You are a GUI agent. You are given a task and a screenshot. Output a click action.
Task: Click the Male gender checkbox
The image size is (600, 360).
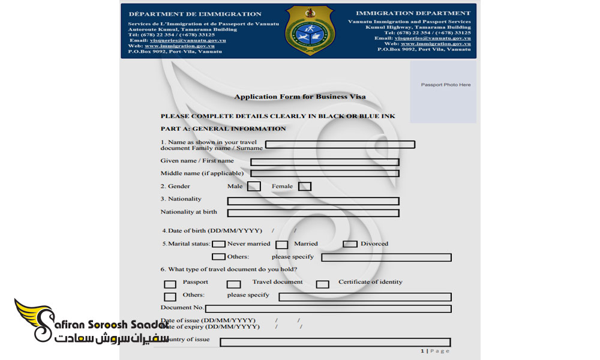tap(254, 187)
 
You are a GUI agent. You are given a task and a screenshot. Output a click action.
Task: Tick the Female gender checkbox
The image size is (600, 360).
tap(305, 187)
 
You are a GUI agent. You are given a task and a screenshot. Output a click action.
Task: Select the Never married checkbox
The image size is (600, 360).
tap(219, 244)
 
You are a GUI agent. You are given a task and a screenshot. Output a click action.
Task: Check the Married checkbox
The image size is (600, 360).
tap(281, 244)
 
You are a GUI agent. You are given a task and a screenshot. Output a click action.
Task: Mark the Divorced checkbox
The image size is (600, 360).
tap(350, 244)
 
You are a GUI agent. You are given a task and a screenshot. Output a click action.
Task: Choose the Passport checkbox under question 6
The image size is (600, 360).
tap(170, 284)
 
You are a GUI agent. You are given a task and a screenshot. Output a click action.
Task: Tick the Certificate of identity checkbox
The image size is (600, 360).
tap(323, 284)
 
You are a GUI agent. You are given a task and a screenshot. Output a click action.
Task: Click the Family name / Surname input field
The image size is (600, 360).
tap(340, 145)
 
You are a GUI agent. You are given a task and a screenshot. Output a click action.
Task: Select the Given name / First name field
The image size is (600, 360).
tap(325, 162)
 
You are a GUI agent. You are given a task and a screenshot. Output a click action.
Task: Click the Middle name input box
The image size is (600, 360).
tap(325, 173)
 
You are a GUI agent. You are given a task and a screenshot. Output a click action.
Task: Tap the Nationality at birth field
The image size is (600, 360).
tap(313, 213)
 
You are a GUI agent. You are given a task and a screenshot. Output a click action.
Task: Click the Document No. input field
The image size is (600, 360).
tap(328, 309)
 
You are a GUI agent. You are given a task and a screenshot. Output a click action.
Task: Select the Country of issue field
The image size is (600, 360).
tap(335, 343)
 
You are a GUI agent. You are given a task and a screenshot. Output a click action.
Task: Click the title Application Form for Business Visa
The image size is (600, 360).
tap(300, 97)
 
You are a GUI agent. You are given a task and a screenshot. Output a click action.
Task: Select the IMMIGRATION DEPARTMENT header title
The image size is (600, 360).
tap(413, 13)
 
